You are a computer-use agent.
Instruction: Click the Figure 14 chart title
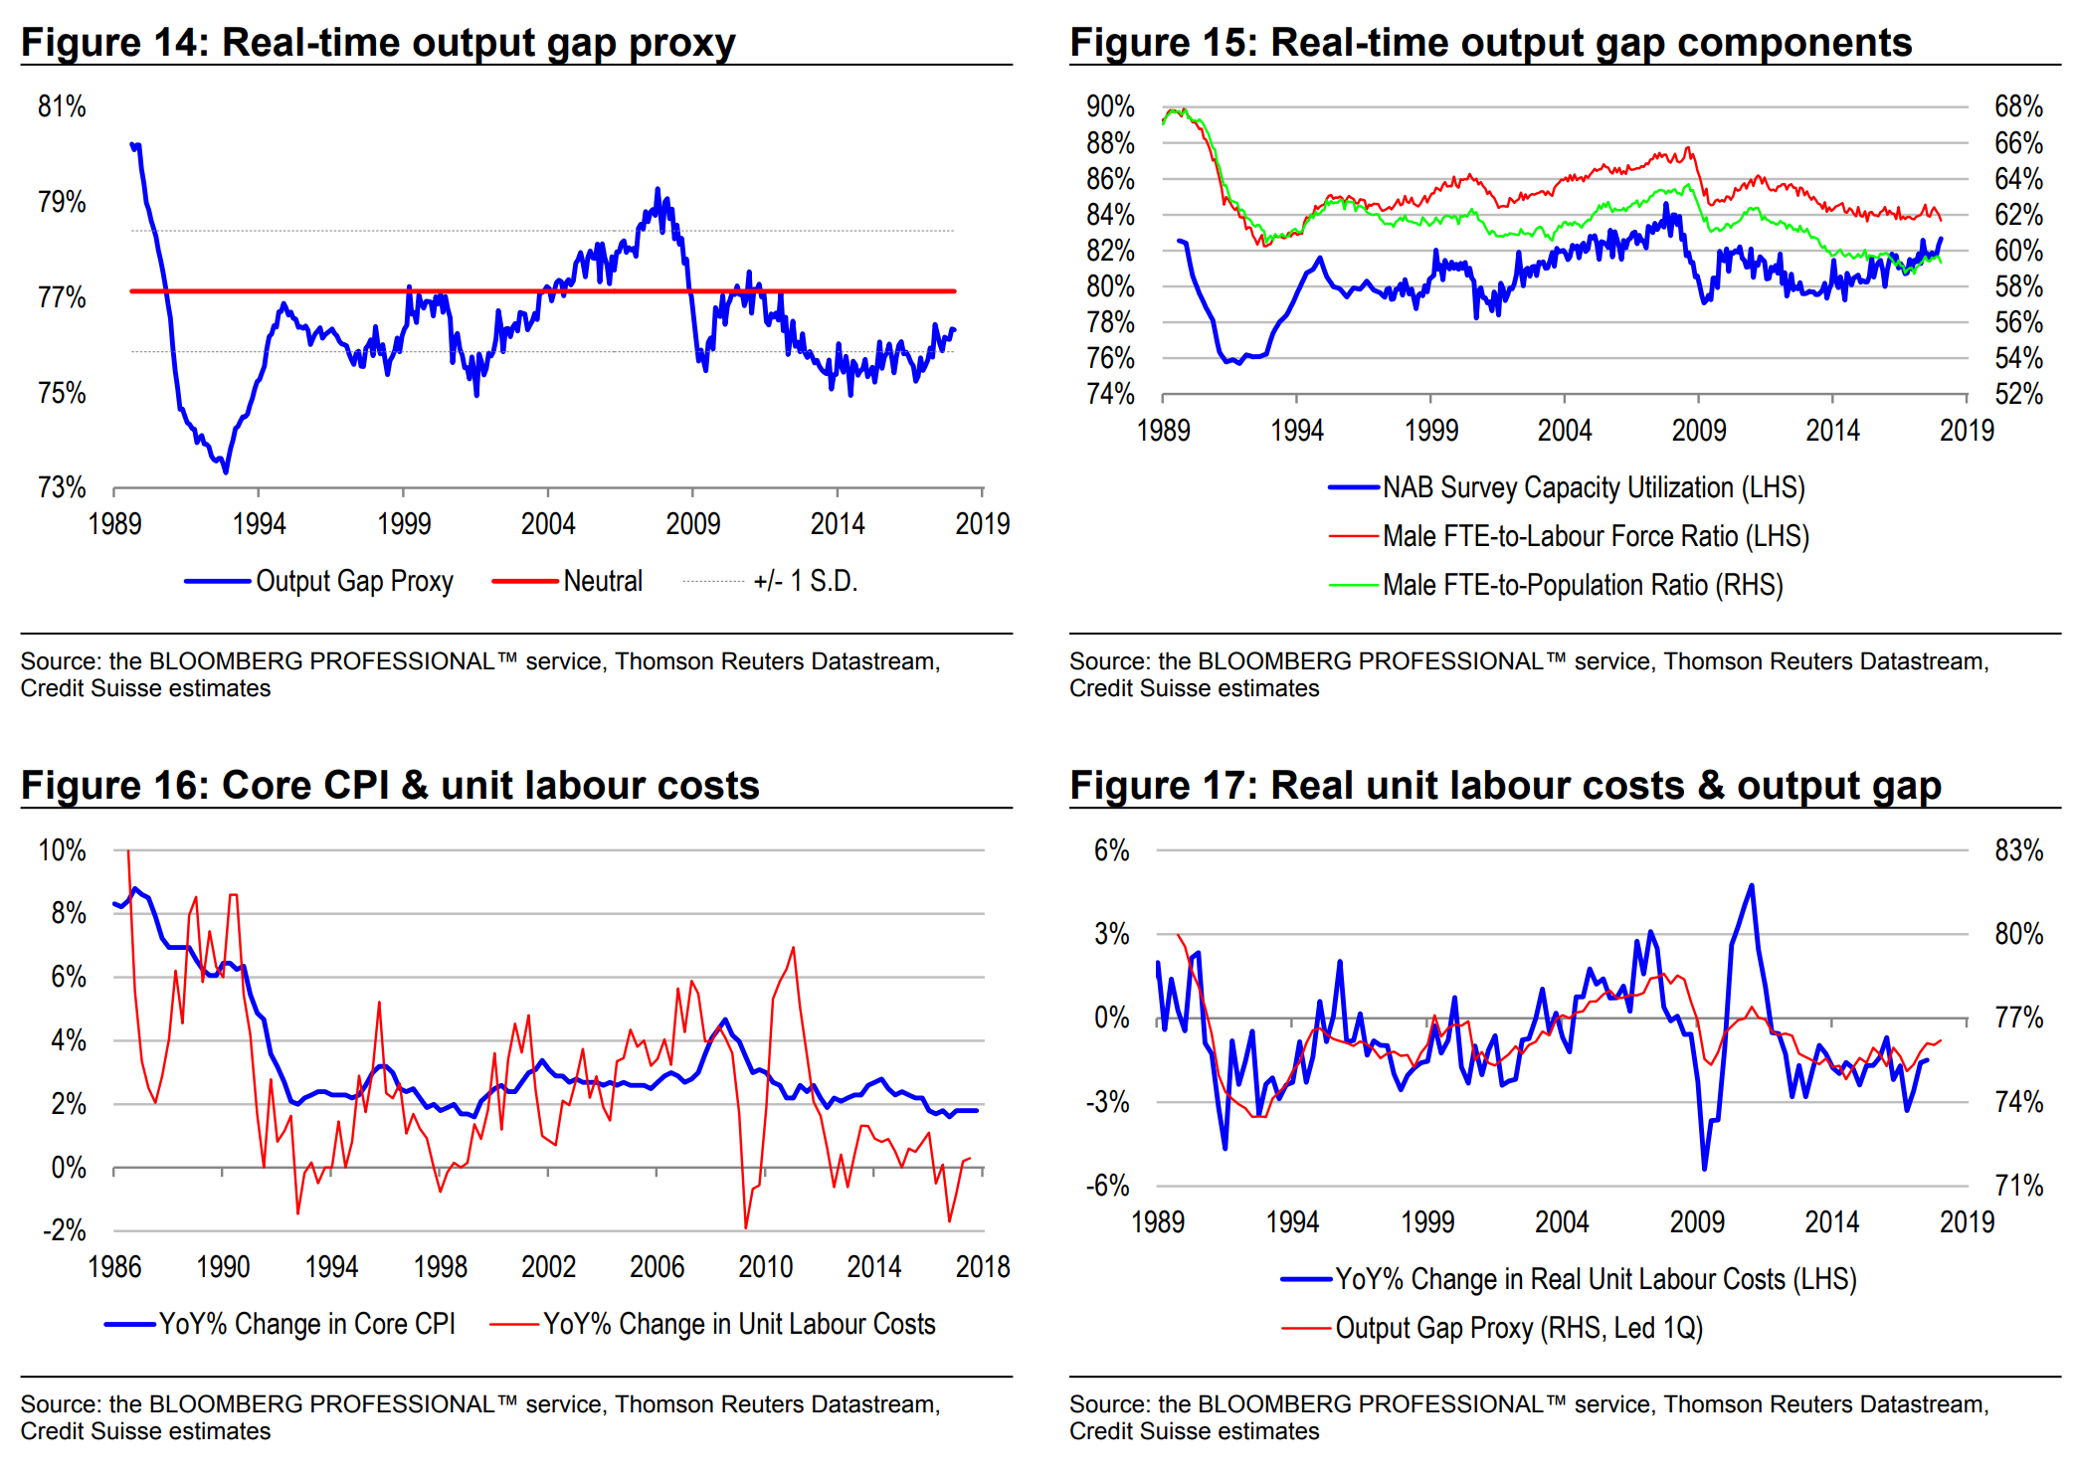pos(378,43)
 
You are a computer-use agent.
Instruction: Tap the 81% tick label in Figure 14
pos(62,106)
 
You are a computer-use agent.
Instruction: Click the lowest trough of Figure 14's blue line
pos(226,471)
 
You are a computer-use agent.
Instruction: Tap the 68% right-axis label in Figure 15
pos(2018,106)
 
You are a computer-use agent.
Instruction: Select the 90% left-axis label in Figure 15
pos(1110,106)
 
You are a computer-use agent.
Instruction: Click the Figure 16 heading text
pos(390,786)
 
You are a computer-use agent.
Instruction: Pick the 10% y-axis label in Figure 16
pos(62,850)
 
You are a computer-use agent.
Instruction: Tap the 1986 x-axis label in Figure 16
pos(114,1266)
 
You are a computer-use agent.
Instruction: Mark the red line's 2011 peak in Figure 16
pos(793,948)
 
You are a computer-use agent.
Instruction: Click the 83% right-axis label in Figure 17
pos(2018,850)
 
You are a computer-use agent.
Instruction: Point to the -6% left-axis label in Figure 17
pos(1107,1186)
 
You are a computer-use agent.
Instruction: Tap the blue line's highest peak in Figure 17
pos(1751,885)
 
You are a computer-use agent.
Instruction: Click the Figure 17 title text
pos(1505,786)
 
